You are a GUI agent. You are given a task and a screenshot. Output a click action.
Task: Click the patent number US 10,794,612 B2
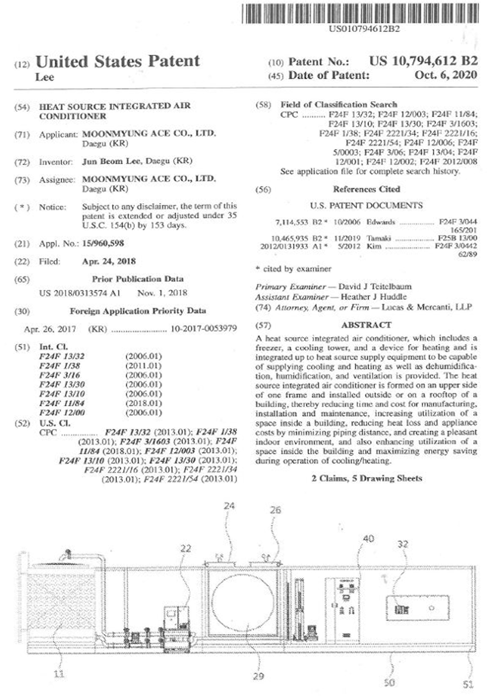423,61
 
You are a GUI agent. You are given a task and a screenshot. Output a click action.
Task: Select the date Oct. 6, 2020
446,75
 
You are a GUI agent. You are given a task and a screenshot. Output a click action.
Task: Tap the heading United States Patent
117,61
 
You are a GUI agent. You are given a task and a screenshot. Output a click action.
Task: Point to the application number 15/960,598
103,243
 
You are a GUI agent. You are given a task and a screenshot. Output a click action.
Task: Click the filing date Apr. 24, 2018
108,261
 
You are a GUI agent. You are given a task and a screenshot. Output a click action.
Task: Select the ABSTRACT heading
366,325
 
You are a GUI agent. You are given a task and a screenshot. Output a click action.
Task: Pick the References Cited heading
366,189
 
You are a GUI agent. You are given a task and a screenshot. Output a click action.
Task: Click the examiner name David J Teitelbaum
375,287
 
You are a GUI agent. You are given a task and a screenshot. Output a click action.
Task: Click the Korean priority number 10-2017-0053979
203,329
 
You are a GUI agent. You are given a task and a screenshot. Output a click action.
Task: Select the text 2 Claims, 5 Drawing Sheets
367,478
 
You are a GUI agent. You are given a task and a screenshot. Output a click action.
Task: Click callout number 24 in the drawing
229,506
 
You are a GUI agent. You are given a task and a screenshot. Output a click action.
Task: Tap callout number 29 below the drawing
258,676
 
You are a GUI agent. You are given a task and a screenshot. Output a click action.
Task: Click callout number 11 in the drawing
59,674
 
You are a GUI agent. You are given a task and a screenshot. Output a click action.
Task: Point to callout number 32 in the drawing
402,544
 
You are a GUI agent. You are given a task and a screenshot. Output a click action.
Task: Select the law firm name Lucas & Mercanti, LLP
426,307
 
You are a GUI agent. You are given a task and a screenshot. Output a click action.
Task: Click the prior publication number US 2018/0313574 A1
80,293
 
